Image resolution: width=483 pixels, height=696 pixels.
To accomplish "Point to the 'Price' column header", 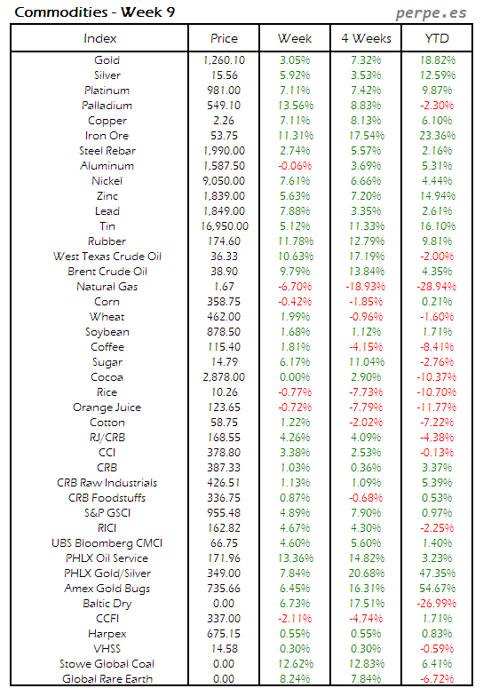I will tap(224, 38).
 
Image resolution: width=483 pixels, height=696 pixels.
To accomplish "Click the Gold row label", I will tap(107, 60).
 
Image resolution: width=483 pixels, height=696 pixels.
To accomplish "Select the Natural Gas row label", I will tap(107, 287).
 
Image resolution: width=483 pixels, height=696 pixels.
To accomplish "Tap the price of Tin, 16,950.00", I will tap(223, 226).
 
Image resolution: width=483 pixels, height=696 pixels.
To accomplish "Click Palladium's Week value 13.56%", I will tap(294, 106).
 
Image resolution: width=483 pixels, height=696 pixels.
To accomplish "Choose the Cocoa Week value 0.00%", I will tap(294, 377).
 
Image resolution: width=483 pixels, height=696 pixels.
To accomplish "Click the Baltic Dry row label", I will tap(107, 604).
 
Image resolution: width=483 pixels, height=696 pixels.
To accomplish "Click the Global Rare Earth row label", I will tap(107, 679).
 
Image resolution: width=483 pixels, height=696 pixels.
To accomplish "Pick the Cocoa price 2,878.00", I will tap(224, 377).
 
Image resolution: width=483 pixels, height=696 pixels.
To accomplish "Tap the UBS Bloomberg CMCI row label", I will tap(107, 543).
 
